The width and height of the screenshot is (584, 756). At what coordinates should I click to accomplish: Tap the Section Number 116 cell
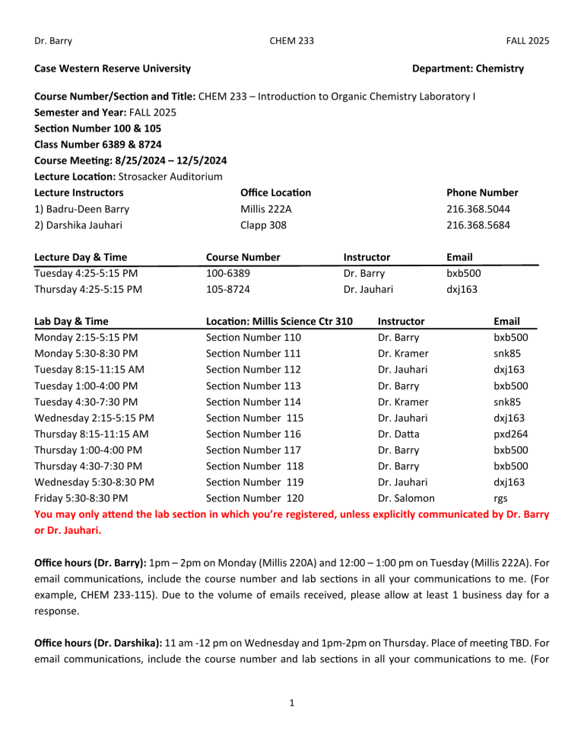click(x=254, y=434)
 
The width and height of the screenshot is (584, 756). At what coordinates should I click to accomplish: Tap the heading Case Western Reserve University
click(x=113, y=68)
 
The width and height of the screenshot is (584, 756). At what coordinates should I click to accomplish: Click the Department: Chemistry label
click(x=467, y=68)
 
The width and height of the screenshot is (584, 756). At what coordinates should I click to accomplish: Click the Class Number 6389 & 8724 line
click(x=97, y=144)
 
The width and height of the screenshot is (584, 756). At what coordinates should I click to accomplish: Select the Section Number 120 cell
click(x=254, y=498)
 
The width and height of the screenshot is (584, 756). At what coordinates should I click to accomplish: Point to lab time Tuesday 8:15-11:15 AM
click(x=90, y=370)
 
